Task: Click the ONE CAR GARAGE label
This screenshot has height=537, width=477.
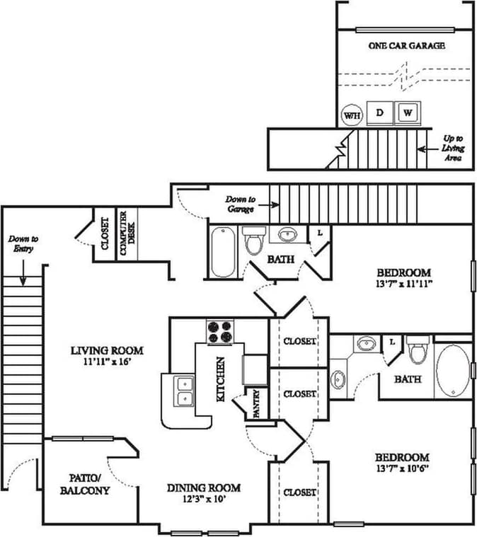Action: [406, 45]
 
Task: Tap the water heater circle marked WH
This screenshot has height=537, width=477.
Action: [352, 115]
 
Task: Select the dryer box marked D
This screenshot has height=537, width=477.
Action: [379, 112]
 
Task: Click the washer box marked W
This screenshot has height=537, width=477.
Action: [407, 112]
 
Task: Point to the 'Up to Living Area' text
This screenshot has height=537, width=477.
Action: [453, 149]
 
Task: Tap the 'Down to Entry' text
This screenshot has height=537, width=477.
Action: [23, 244]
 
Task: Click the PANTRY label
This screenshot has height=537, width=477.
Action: [255, 405]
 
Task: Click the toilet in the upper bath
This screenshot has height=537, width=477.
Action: [253, 242]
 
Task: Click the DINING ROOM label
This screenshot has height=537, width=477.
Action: [203, 487]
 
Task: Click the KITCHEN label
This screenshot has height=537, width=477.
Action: [220, 380]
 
